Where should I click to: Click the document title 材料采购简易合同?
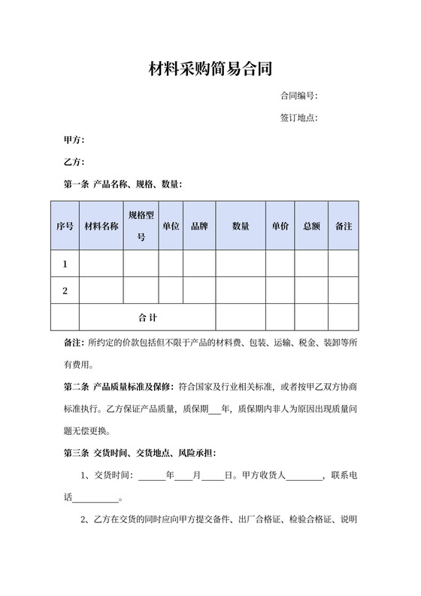210,70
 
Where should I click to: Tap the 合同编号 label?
298,96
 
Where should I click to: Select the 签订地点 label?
298,118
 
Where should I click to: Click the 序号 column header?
65,226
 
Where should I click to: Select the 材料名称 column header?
101,226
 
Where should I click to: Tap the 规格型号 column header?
141,226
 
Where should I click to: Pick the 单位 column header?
171,226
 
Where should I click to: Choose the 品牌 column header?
199,226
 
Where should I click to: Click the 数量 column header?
241,226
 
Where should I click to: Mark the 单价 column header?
280,226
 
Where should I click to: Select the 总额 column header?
311,226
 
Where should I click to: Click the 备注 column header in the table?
343,226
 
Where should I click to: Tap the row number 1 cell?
65,264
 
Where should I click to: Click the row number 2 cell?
65,290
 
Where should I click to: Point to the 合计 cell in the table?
147,318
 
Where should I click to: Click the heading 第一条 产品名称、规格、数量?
123,184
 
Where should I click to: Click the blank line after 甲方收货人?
304,476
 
